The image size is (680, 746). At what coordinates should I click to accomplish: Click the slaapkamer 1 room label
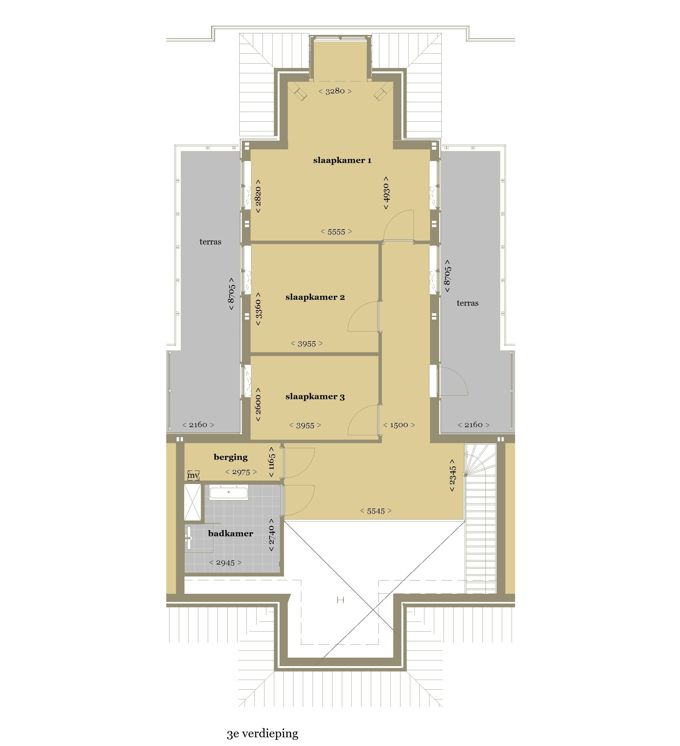coord(342,160)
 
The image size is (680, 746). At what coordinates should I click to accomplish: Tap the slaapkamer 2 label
coord(315,297)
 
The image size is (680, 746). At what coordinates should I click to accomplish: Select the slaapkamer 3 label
coord(315,396)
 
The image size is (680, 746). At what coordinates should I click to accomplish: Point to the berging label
coord(230,457)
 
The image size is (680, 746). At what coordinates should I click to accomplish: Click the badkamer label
coord(230,533)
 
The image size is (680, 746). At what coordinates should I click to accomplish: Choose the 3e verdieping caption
coord(262,733)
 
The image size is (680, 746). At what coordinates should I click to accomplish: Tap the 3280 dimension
coord(335,91)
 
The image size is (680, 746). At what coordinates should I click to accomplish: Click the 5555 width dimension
coord(336,232)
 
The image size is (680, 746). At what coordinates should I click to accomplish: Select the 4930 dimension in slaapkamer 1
coord(386,193)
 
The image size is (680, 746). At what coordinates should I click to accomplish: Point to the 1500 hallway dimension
coord(399,425)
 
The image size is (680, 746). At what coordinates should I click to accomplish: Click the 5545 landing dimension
coord(376,511)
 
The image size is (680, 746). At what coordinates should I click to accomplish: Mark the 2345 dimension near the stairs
coord(452,476)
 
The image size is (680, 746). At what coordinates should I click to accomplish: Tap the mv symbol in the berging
coord(193,475)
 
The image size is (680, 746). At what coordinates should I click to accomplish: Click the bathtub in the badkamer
coord(229,493)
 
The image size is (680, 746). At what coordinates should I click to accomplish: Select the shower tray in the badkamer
coord(193,502)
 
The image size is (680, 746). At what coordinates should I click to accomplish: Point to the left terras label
coord(210,242)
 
